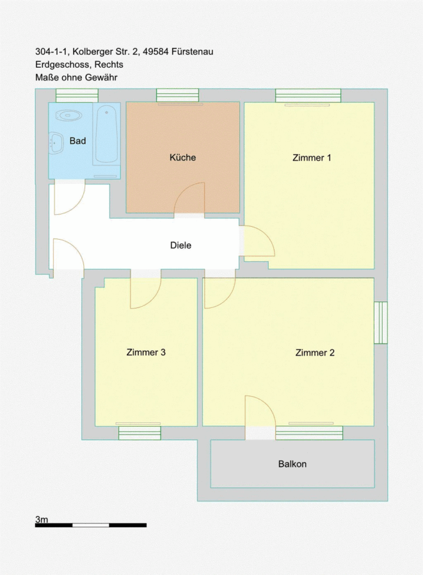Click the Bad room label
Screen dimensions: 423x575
[x=78, y=141]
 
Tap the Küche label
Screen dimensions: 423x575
[x=182, y=157]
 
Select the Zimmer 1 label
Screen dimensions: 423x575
[x=312, y=158]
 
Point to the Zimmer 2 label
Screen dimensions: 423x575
[x=315, y=353]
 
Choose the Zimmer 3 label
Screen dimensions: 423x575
[x=146, y=353]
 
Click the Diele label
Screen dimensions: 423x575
[x=180, y=245]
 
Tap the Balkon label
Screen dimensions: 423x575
[x=292, y=464]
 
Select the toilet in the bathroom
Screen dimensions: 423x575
[x=68, y=116]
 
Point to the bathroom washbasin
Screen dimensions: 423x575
[x=56, y=142]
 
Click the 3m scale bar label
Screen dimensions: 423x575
[x=42, y=519]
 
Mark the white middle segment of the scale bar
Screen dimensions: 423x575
[x=91, y=525]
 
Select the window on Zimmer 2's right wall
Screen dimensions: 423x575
[x=381, y=323]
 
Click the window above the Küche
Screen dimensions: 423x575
[x=178, y=95]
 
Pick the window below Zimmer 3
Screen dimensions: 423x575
[x=140, y=433]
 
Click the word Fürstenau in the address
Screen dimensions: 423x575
[x=193, y=52]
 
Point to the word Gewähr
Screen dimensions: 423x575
[x=101, y=77]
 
